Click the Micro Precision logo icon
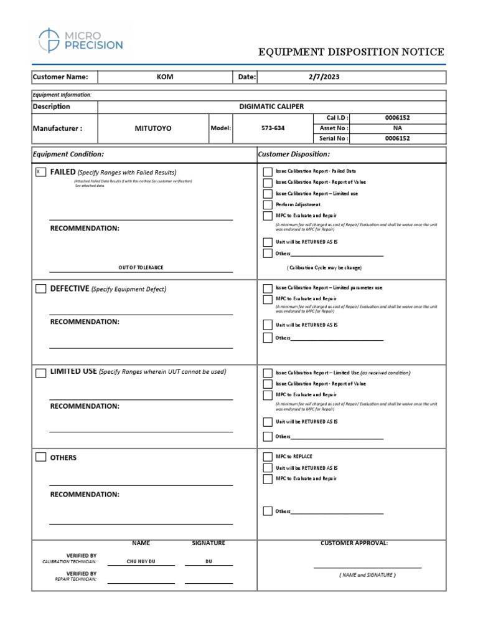[49, 40]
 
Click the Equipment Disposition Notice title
[351, 52]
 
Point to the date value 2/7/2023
[324, 77]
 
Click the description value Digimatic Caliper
[271, 107]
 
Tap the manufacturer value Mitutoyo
[153, 128]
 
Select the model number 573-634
[273, 128]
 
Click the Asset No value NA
[398, 128]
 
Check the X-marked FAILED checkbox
[40, 172]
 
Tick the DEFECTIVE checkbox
[40, 288]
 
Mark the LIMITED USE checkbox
[40, 373]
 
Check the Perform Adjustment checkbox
[268, 205]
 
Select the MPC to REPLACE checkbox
[268, 457]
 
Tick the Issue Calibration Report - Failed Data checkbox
[268, 171]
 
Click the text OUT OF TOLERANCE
[141, 267]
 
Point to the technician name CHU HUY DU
[141, 561]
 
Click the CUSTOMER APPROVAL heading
[354, 543]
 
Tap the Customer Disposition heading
[294, 154]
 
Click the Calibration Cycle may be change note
[324, 267]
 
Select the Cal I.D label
[338, 117]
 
